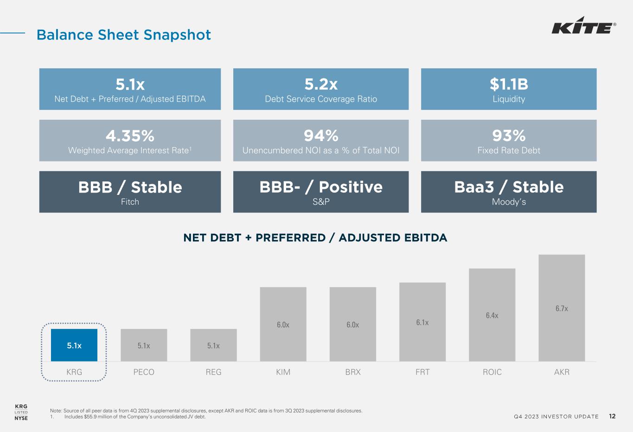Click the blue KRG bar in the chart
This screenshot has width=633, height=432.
(x=74, y=345)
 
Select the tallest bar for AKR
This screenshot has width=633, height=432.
(x=562, y=308)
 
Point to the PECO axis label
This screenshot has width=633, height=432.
(x=144, y=372)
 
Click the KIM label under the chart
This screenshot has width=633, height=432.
(x=283, y=372)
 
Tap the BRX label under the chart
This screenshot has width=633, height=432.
(x=353, y=372)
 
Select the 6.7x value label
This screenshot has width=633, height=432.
(x=562, y=309)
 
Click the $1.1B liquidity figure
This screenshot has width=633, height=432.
(x=509, y=84)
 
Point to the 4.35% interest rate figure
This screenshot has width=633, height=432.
(x=130, y=135)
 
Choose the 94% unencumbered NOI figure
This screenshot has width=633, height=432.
(x=321, y=135)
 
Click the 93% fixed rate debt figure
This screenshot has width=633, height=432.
(x=509, y=135)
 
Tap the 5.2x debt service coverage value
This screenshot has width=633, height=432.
(x=321, y=84)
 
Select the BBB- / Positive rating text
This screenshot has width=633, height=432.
(x=321, y=187)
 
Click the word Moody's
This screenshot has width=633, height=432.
(x=509, y=202)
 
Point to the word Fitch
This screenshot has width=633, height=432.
(x=130, y=202)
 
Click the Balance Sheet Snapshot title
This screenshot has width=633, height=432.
(x=124, y=35)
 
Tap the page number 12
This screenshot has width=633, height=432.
(x=612, y=416)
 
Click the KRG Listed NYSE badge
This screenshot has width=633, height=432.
(x=21, y=412)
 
